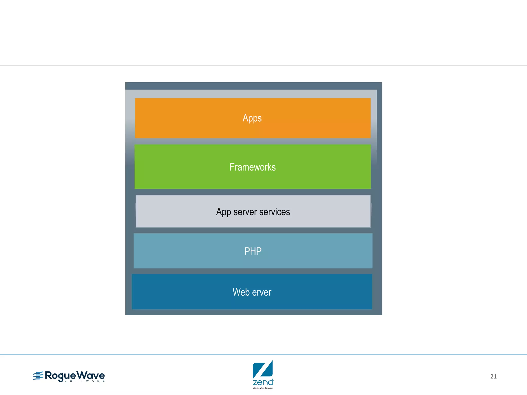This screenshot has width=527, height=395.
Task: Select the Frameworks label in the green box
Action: coord(252,167)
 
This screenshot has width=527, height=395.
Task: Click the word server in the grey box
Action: coord(245,212)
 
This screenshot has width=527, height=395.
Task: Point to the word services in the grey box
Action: coord(275,212)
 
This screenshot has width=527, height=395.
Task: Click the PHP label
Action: coord(253,251)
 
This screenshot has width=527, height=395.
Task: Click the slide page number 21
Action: coord(493,376)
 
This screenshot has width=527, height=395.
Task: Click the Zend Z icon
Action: coord(262,369)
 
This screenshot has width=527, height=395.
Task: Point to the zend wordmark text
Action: coord(263,382)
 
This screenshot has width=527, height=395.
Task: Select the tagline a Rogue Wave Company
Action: coord(262,388)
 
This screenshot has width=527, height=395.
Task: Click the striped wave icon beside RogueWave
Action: coord(38,376)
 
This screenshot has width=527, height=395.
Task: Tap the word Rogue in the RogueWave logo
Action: coord(60,376)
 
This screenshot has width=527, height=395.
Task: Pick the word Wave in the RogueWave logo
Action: coord(91,376)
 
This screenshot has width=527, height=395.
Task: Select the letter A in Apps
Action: coord(245,118)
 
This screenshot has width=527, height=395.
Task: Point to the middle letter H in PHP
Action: coord(253,251)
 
